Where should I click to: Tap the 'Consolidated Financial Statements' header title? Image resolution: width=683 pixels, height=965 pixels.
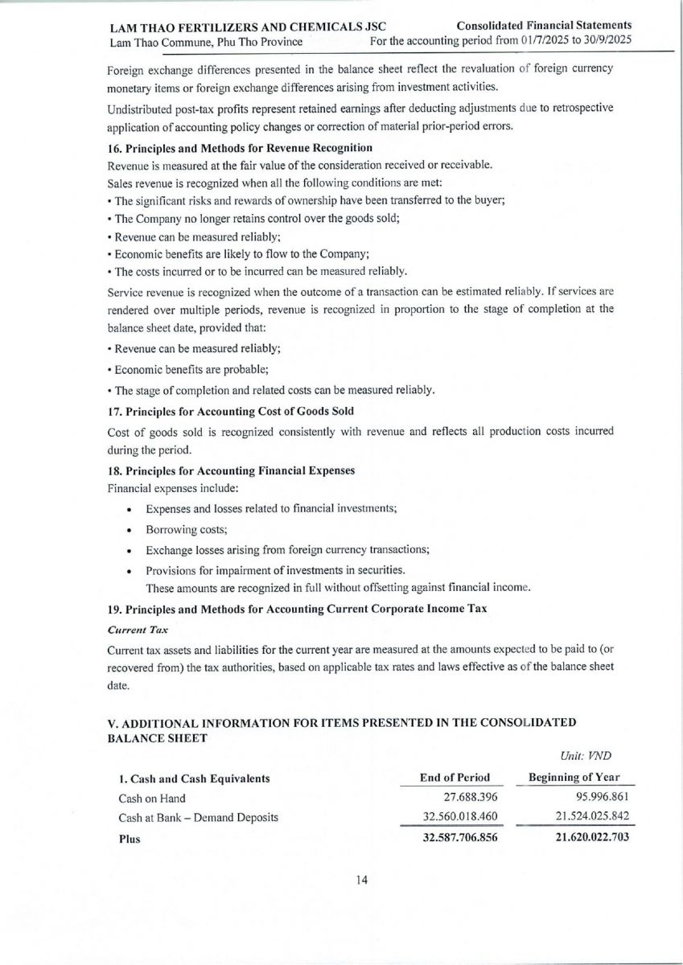[x=544, y=26]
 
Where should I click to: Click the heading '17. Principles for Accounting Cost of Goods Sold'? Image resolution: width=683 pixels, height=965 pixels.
[x=230, y=411]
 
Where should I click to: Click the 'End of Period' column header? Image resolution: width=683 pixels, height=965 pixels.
[x=455, y=778]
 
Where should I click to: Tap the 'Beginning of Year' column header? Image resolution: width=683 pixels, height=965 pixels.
[x=574, y=778]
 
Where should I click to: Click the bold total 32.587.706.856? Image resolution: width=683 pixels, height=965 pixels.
[x=455, y=838]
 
